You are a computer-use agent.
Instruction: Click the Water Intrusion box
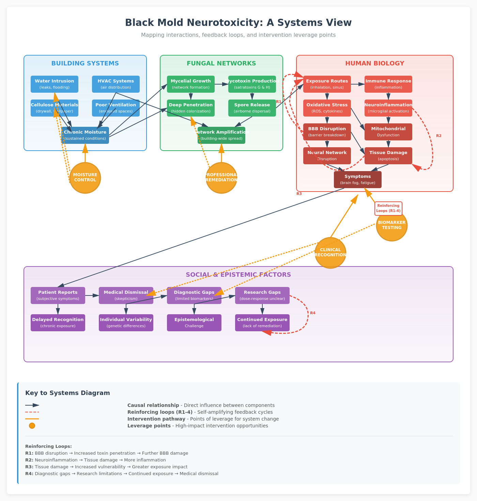[x=55, y=84]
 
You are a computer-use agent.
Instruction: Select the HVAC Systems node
[x=116, y=84]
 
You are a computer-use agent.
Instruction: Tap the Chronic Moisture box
[x=85, y=135]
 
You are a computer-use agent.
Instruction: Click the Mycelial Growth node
[x=191, y=84]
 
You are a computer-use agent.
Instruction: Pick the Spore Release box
[x=252, y=108]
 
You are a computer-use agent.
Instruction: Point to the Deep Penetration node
[x=191, y=108]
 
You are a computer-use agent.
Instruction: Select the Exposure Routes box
[x=327, y=84]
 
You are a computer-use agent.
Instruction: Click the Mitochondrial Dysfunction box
[x=388, y=132]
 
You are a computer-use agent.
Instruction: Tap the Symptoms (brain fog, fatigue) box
[x=358, y=180]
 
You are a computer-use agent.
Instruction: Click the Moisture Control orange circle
[x=85, y=178]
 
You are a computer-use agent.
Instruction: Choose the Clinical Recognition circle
[x=330, y=253]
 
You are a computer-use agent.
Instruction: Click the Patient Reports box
[x=58, y=295]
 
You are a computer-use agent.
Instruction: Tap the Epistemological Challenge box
[x=194, y=323]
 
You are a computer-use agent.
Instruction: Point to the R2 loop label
[x=439, y=136]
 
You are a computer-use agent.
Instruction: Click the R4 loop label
[x=313, y=313]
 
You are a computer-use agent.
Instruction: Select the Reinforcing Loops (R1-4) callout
[x=388, y=208]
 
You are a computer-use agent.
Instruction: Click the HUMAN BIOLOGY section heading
[x=375, y=63]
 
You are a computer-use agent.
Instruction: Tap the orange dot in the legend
[x=32, y=426]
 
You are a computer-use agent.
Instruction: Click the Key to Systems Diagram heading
[x=67, y=393]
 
